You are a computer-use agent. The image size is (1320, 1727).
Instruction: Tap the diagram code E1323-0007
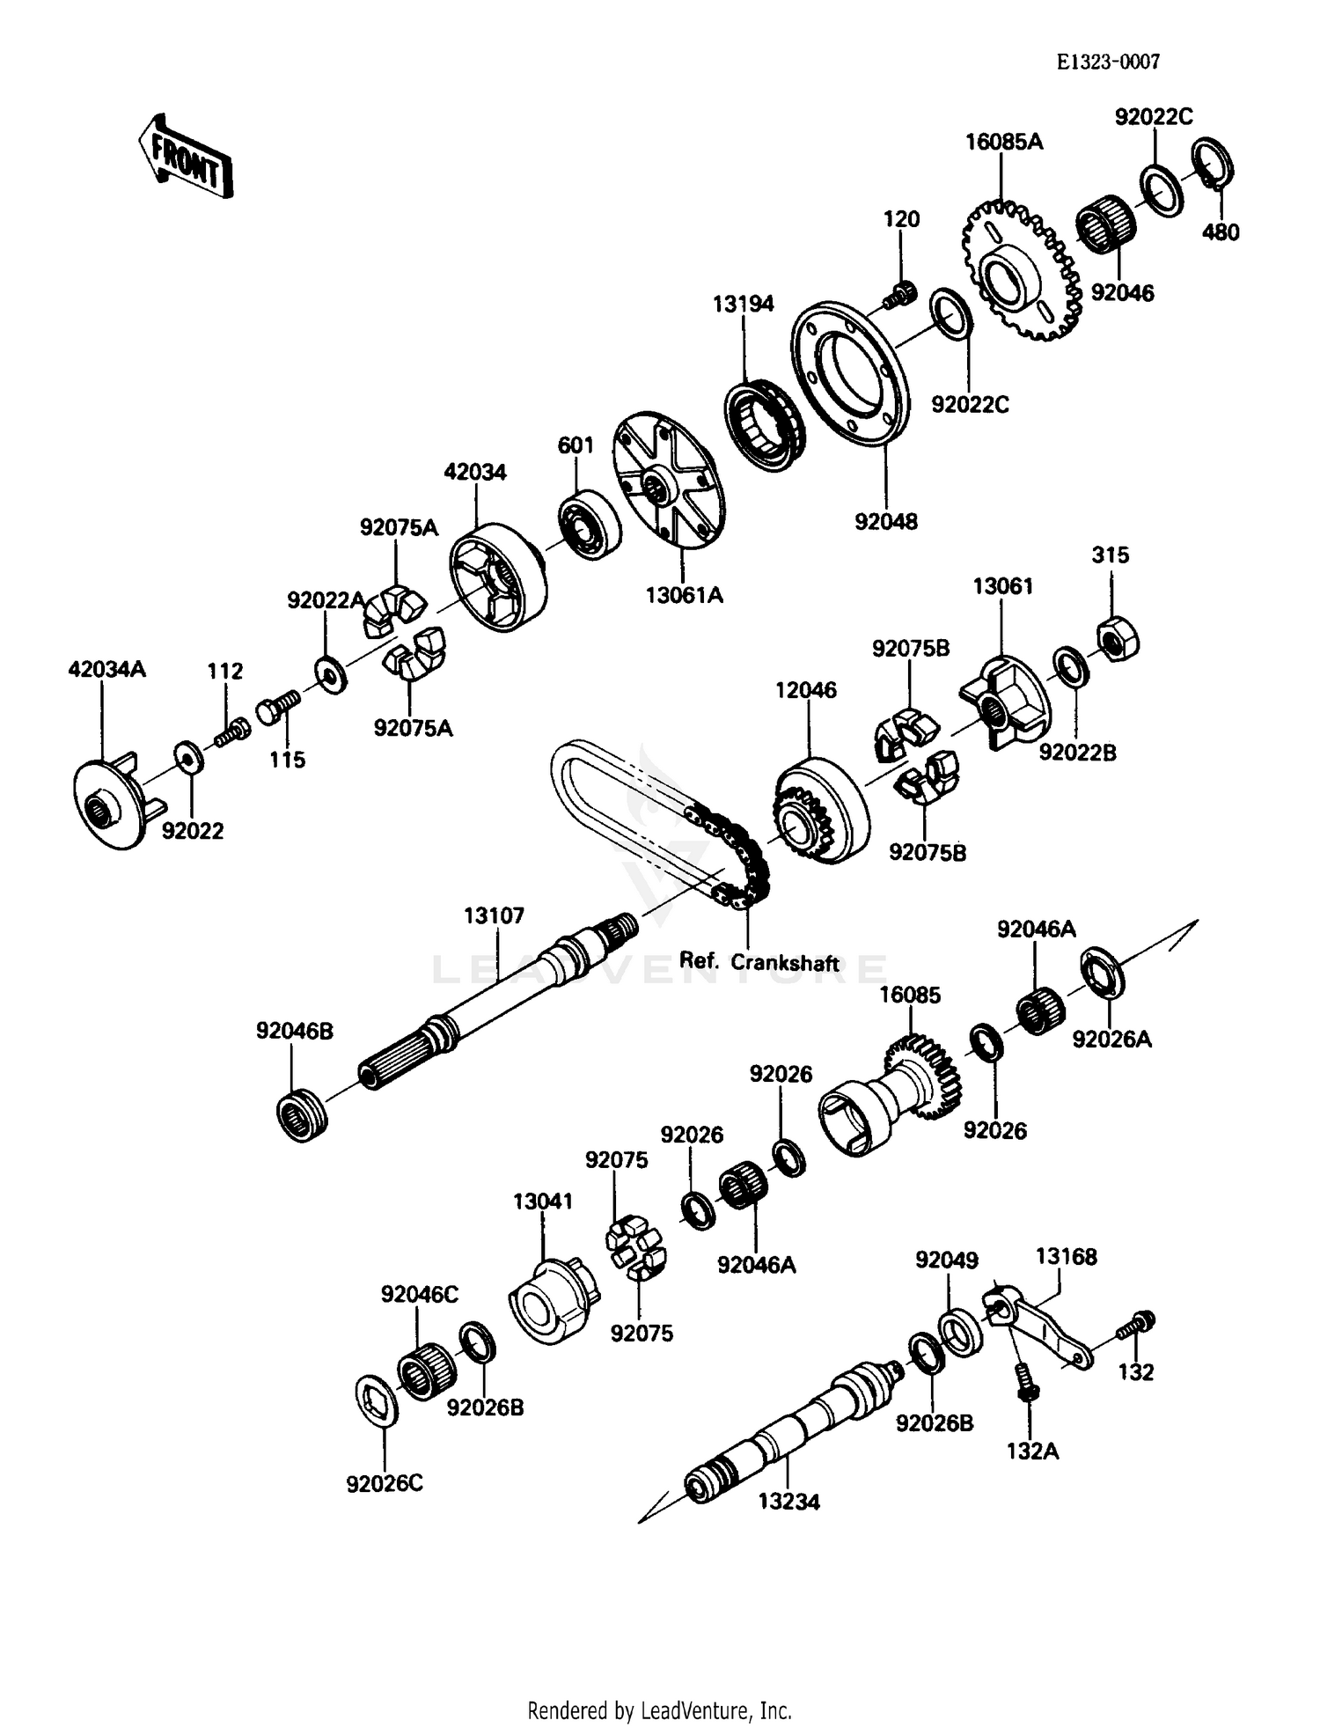(x=1108, y=62)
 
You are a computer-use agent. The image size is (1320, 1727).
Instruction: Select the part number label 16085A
(x=1003, y=142)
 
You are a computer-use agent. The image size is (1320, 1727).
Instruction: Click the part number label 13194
(x=743, y=304)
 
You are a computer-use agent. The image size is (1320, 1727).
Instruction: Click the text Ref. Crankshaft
(x=759, y=962)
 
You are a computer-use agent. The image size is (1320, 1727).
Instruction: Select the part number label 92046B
(x=295, y=1031)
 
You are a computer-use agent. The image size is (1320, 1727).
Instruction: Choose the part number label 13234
(x=788, y=1503)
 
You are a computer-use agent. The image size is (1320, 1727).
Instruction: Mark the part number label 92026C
(x=385, y=1483)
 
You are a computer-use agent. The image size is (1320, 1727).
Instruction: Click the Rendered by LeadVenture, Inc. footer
(x=659, y=1710)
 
